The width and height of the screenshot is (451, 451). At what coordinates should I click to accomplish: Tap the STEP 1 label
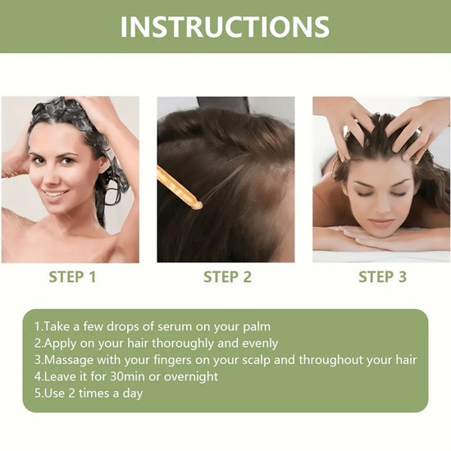pyautogui.click(x=72, y=277)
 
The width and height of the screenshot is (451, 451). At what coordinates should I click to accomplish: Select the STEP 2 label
pyautogui.click(x=227, y=277)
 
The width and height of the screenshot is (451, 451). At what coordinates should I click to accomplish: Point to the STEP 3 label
pyautogui.click(x=382, y=277)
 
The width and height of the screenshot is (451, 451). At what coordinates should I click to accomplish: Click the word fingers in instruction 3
pyautogui.click(x=174, y=360)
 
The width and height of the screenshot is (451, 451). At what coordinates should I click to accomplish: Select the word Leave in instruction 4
pyautogui.click(x=59, y=376)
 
